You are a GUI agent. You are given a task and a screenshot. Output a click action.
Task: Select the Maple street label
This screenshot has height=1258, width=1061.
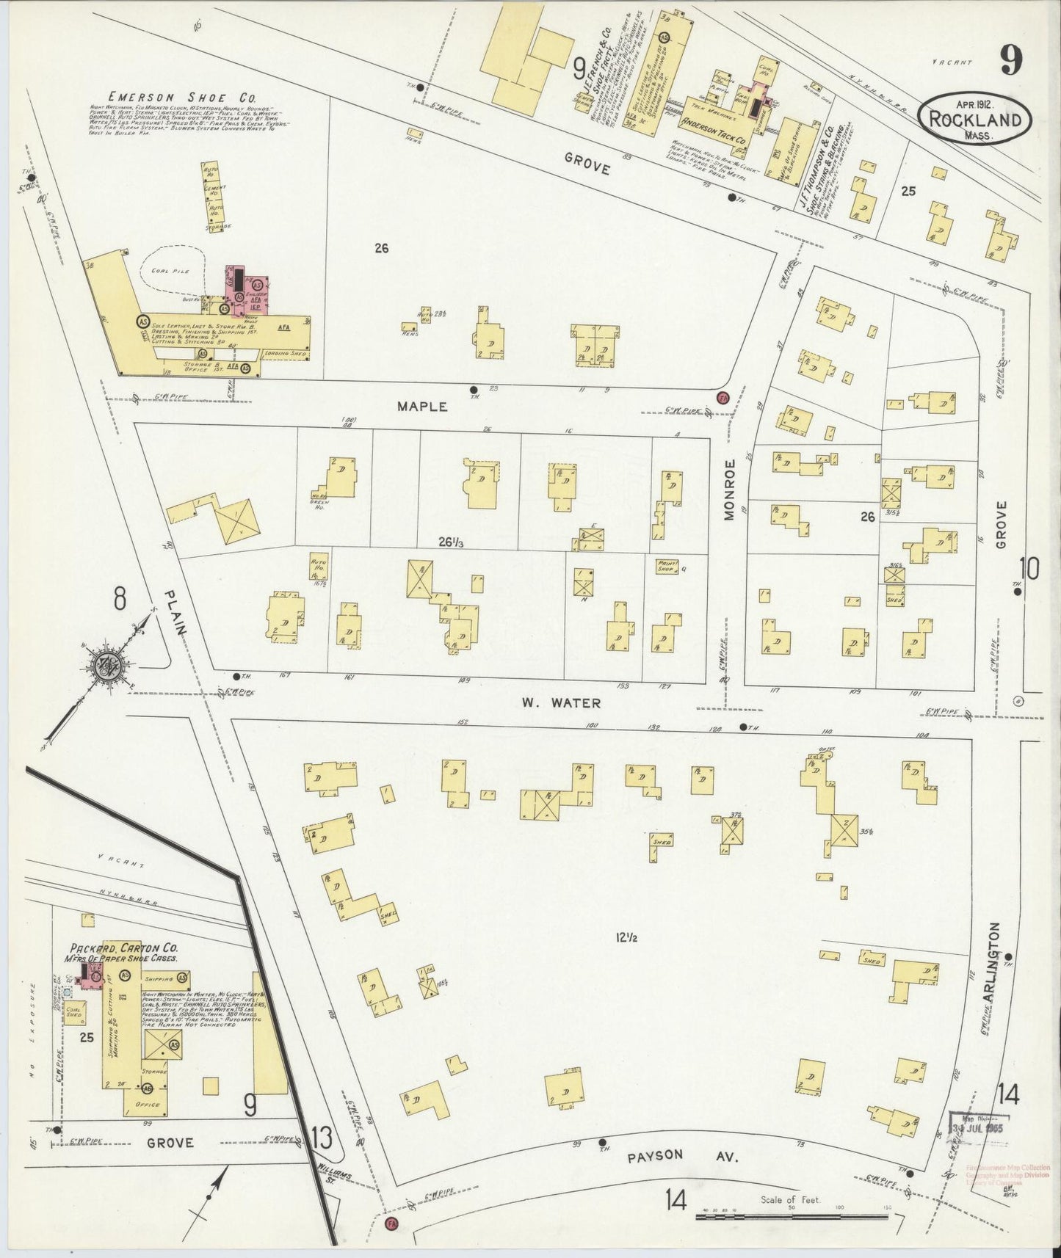[422, 406]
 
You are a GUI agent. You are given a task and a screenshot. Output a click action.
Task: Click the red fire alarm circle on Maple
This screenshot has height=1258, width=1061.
[723, 398]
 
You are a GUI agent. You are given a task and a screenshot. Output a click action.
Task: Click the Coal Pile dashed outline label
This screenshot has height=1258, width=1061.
[170, 271]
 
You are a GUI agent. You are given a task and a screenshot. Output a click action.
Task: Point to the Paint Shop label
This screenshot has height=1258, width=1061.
[666, 565]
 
